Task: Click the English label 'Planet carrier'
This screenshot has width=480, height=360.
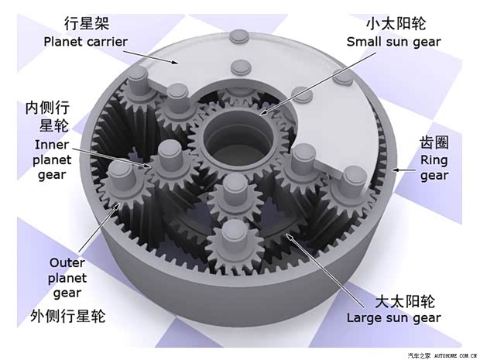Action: (x=85, y=42)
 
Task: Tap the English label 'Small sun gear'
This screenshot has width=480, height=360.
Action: (x=393, y=43)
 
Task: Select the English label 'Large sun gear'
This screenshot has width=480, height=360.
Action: (x=393, y=317)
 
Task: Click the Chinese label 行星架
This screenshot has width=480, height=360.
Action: (x=87, y=23)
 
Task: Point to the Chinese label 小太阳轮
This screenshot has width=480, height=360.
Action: (x=396, y=23)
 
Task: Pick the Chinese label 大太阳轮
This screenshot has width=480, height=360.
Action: (x=405, y=301)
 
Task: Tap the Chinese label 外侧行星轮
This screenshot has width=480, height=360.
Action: (x=68, y=316)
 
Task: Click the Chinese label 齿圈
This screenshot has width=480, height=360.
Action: (x=434, y=142)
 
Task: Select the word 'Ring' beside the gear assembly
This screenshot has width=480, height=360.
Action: (x=434, y=160)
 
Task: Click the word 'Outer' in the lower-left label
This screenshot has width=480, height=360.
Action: (x=67, y=262)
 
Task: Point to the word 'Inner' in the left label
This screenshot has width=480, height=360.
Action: (x=52, y=145)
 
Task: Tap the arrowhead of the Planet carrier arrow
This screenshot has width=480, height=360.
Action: (x=175, y=63)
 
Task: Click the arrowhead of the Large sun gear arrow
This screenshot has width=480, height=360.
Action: (x=288, y=236)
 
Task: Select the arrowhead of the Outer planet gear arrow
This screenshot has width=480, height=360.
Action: (x=118, y=206)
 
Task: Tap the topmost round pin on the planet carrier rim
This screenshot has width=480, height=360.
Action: (x=239, y=36)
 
